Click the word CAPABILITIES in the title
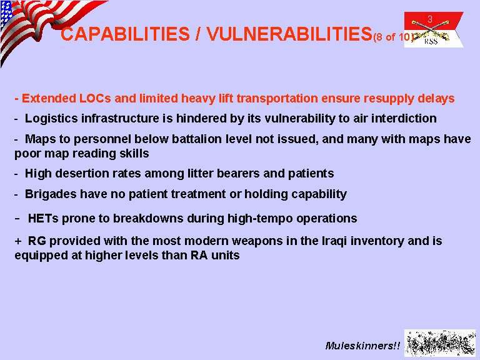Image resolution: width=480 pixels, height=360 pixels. click(125, 34)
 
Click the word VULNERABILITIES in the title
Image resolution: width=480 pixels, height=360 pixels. click(289, 34)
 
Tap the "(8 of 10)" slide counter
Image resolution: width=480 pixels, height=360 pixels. click(393, 37)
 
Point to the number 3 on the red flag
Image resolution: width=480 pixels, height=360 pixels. click(430, 19)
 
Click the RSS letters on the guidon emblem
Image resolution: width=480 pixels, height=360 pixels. click(431, 41)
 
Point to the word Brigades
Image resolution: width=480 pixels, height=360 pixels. click(51, 194)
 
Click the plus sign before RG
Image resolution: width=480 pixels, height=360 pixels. click(18, 241)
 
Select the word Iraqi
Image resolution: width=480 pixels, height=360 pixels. click(334, 241)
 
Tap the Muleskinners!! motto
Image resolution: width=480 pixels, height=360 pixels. click(362, 346)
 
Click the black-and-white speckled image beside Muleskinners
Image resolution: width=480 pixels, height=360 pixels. click(440, 343)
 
